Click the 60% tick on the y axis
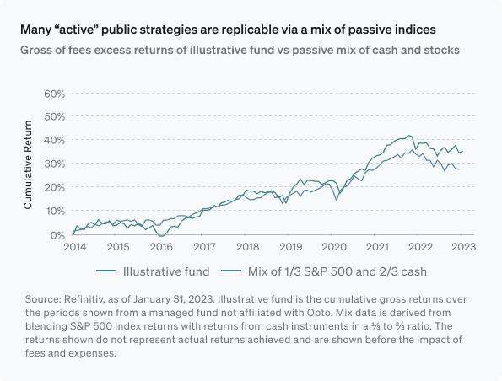[54, 93]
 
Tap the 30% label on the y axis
[54, 164]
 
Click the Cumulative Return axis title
[28, 164]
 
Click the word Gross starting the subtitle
[37, 50]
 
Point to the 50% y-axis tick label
[54, 116]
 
